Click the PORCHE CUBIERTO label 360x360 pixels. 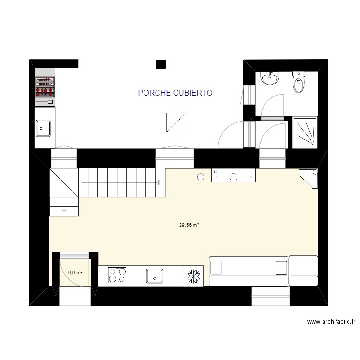(175, 93)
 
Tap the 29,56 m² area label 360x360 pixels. (189, 225)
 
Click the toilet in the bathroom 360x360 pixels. (299, 84)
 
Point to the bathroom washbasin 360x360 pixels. (270, 78)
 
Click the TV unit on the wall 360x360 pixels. (233, 177)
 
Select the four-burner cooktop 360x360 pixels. (118, 276)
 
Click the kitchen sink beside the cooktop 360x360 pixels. (155, 276)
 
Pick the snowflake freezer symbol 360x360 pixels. (193, 276)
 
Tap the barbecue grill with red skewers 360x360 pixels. (45, 88)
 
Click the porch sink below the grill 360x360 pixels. (44, 128)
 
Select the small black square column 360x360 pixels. (161, 64)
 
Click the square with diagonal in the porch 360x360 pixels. (176, 122)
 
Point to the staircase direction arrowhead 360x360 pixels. (159, 182)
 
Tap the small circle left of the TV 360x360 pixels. (201, 177)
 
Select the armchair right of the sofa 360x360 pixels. (304, 271)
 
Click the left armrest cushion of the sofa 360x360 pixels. (216, 267)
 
